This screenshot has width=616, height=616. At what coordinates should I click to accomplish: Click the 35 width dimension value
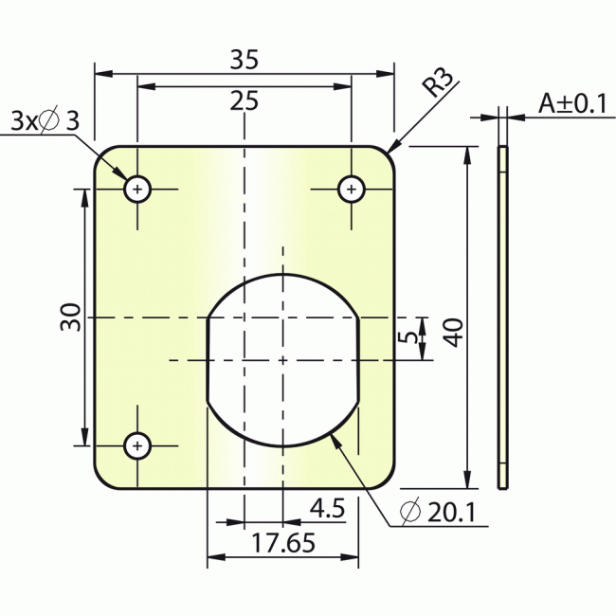245,60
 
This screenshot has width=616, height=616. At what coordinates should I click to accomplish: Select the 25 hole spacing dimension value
245,100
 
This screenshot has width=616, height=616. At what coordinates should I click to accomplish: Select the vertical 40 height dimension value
453,332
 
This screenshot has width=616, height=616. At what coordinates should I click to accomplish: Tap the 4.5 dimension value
326,509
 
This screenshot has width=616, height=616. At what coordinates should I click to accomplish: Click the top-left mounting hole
138,190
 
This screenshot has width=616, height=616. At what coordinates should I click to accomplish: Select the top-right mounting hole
352,190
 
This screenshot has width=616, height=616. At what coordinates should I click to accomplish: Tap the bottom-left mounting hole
138,444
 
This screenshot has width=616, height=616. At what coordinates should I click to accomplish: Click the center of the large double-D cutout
282,359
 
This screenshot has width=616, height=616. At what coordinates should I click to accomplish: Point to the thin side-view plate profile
503,317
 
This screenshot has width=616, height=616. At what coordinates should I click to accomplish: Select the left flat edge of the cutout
208,360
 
